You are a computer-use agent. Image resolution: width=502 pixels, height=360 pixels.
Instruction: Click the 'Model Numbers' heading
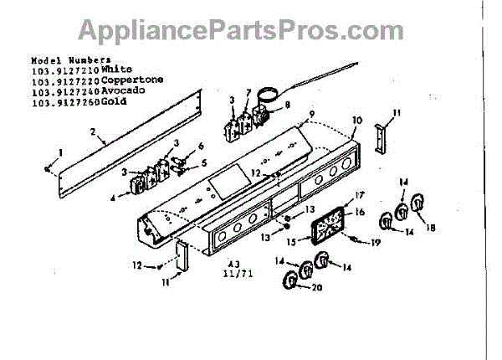[70, 60]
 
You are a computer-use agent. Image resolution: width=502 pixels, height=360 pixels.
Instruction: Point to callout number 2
[92, 131]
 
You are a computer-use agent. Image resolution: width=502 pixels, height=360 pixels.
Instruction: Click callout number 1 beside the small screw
[59, 152]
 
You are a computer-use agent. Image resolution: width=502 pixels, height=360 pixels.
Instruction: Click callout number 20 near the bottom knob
[316, 288]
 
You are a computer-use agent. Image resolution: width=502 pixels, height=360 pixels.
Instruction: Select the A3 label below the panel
[231, 261]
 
